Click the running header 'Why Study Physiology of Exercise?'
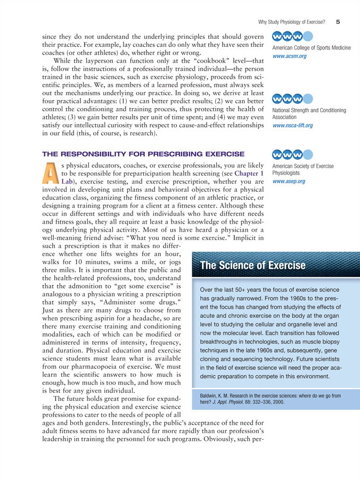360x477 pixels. (x=292, y=22)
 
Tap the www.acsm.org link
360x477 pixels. (x=289, y=56)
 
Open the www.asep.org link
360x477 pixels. (x=288, y=182)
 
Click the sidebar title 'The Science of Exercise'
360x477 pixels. (x=252, y=265)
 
